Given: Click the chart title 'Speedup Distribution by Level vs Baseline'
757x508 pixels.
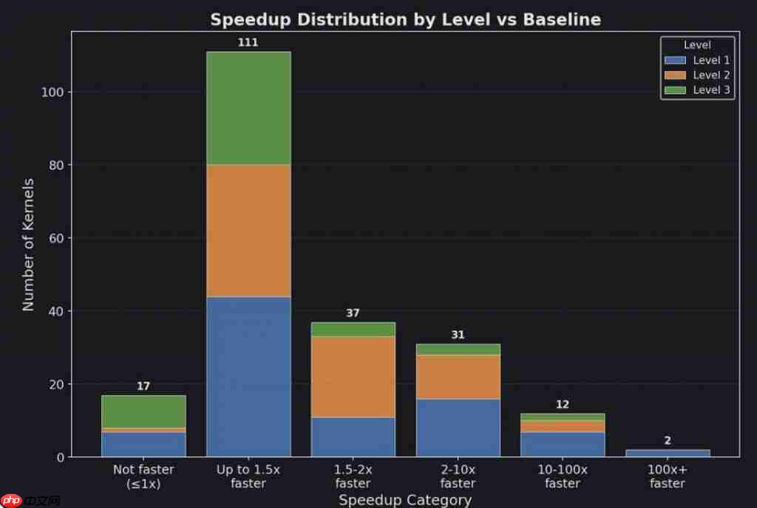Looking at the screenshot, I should pos(405,20).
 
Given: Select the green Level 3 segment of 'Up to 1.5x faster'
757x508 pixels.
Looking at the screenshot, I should pos(248,108).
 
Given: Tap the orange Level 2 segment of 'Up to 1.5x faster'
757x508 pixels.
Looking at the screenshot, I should pos(248,230).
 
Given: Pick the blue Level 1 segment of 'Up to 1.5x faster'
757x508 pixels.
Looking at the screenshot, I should pos(248,376).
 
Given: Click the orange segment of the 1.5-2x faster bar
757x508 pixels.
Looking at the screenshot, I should pos(353,376).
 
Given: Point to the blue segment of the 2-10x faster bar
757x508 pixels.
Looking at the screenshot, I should pos(458,427).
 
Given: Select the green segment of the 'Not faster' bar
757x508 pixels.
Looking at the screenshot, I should pos(143,411).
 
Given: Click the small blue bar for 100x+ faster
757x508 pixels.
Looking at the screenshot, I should pos(668,453).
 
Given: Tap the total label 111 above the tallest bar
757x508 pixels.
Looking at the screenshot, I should pos(248,43).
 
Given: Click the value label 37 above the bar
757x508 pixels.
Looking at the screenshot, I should pos(353,314).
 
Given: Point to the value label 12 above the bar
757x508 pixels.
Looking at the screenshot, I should pos(563,404).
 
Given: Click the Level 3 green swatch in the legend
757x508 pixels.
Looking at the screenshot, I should pos(676,90).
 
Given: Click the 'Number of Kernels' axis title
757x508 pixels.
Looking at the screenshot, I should pos(29,244).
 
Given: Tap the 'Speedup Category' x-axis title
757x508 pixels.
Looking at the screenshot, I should pos(405,500).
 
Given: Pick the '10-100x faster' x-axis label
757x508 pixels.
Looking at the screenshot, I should pos(563,476).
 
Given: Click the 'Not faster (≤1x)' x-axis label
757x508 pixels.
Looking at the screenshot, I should pos(143,476).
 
